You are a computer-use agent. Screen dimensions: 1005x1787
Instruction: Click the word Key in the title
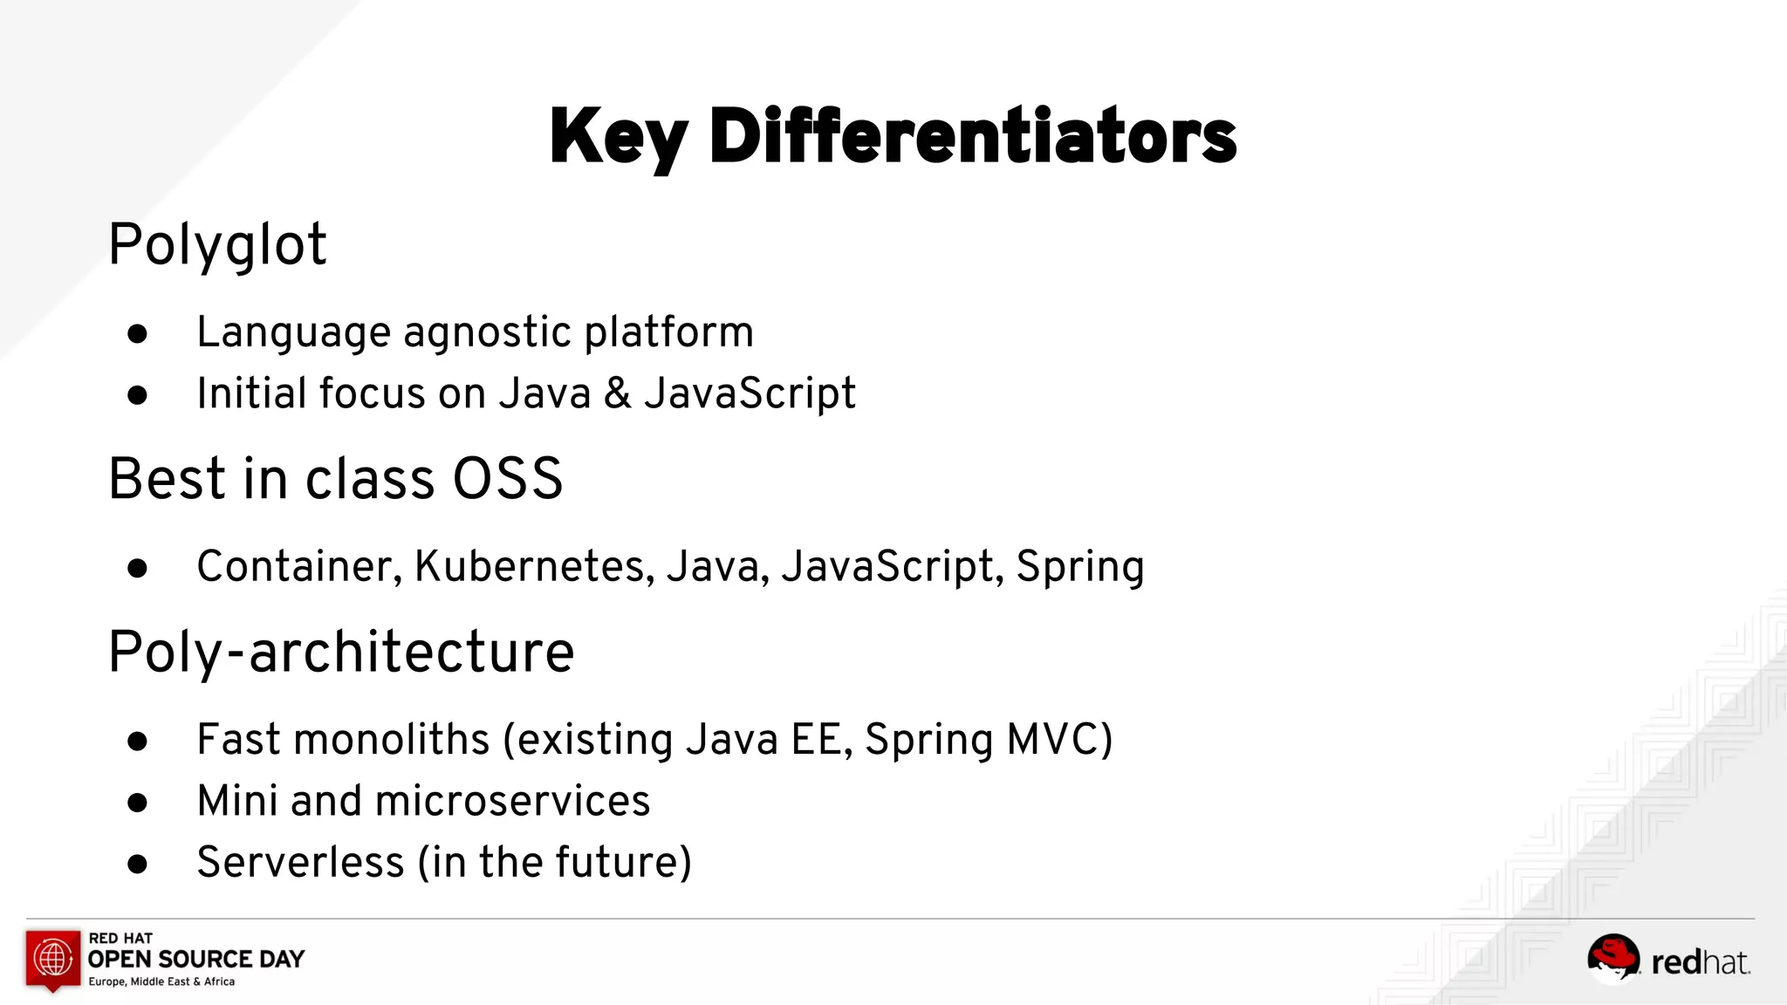(x=618, y=138)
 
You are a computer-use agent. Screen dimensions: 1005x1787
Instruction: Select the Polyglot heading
(x=217, y=245)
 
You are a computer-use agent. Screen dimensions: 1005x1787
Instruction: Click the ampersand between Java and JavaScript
(x=617, y=393)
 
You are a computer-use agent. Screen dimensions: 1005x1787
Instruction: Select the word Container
(x=298, y=566)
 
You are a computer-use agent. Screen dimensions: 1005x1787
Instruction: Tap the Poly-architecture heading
(x=341, y=653)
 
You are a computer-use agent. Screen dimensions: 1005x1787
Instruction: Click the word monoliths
(x=392, y=740)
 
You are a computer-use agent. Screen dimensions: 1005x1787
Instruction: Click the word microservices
(x=512, y=801)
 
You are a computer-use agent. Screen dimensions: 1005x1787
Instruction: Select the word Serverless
(x=300, y=862)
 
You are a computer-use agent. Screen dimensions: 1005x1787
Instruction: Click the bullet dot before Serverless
(x=137, y=864)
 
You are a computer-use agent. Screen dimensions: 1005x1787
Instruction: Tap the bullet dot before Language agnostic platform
(x=137, y=334)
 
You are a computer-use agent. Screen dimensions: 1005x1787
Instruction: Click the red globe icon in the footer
(x=53, y=958)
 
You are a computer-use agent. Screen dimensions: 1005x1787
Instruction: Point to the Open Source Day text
(x=196, y=959)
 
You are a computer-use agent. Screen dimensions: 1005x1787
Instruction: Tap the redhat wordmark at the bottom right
(x=1701, y=962)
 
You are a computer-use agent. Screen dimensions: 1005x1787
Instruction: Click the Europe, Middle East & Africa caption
(x=161, y=981)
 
